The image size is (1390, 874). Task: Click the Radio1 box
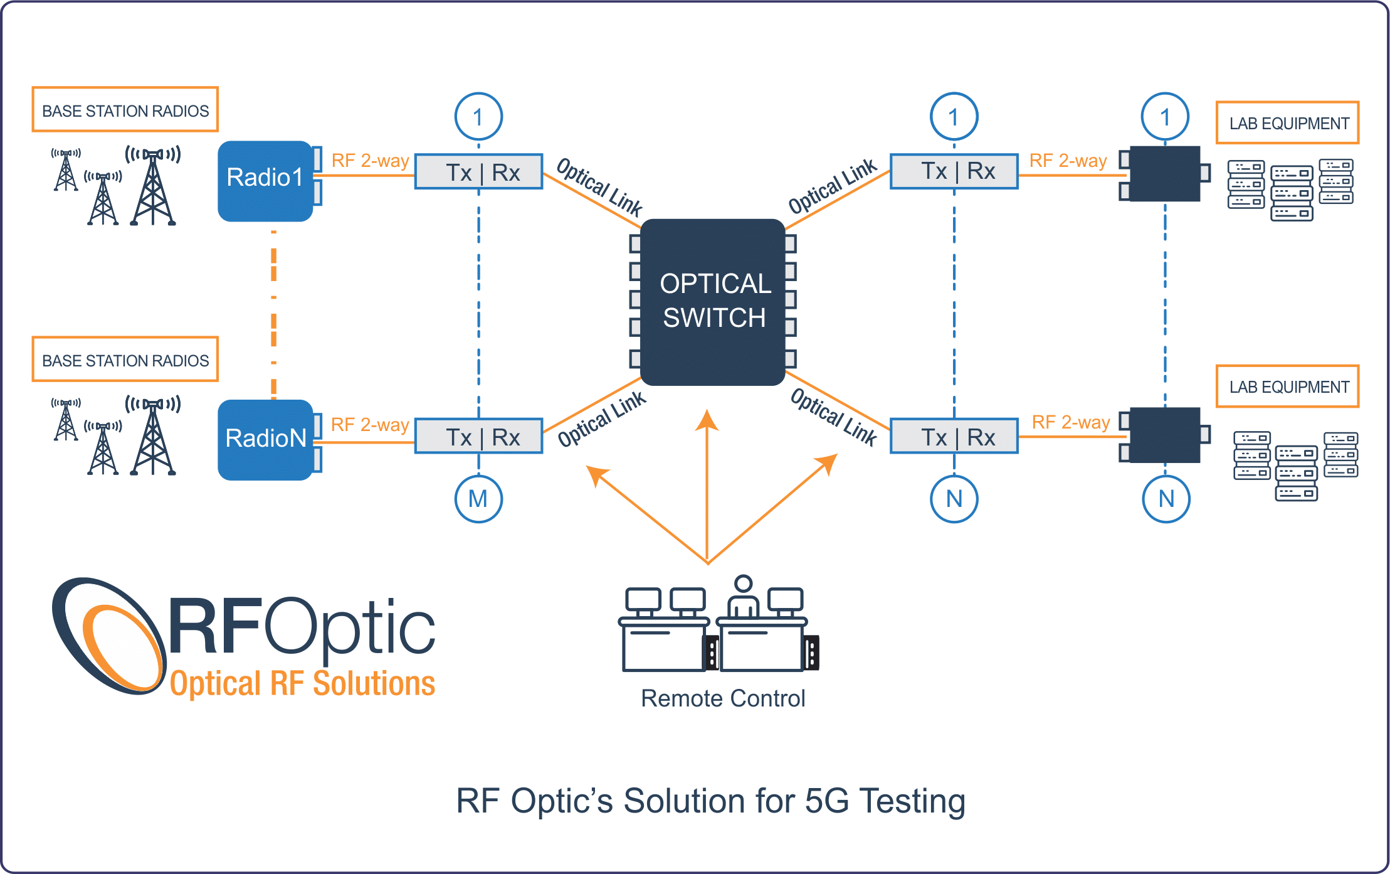(266, 181)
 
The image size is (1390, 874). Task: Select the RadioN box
(266, 439)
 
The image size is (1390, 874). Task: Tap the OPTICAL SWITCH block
(713, 301)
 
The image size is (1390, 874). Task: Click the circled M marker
(478, 499)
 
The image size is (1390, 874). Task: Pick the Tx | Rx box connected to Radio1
(479, 172)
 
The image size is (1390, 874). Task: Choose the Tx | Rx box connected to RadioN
(479, 437)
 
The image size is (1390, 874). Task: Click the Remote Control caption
(722, 698)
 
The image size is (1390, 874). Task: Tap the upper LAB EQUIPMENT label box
(1288, 123)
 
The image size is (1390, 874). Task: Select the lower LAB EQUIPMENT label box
(1288, 386)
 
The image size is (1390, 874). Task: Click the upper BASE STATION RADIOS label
(125, 110)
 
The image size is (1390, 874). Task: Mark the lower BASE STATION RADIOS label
(125, 360)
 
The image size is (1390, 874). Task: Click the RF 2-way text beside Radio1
(370, 161)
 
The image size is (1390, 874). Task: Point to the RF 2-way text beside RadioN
(370, 425)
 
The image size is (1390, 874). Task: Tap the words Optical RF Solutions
(302, 683)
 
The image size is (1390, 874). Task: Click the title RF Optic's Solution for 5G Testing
(710, 801)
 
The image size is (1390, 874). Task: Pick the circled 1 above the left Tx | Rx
(478, 116)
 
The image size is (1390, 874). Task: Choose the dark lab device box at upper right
(1165, 174)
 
